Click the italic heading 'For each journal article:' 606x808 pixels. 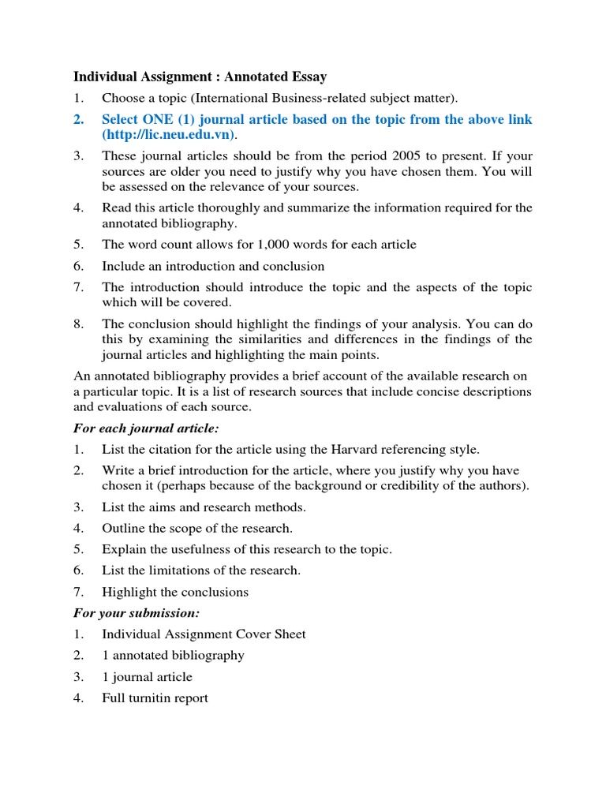146,428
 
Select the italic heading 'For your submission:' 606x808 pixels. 133,612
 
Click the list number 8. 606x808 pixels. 78,324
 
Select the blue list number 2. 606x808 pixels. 78,119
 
